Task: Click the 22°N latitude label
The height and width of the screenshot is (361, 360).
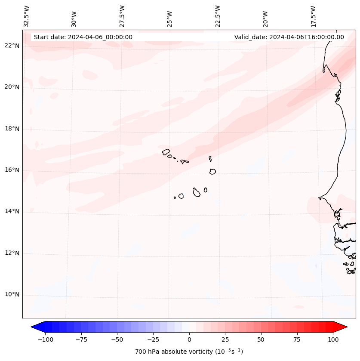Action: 12,46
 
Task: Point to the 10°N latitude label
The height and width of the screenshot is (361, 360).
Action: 12,295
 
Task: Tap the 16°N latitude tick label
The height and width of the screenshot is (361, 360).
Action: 12,170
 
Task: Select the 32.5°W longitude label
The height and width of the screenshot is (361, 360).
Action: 27,16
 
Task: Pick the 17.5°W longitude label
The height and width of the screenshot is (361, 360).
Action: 313,16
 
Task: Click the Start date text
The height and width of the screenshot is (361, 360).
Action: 83,37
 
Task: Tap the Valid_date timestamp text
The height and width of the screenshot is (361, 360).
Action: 289,37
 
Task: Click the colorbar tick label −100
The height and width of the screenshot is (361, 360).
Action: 45,339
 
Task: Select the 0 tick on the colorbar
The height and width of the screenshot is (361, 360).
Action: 189,339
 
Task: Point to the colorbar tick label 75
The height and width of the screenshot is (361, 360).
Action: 297,339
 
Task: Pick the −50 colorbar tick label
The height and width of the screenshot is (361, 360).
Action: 117,339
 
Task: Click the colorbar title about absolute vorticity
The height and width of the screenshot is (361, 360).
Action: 189,352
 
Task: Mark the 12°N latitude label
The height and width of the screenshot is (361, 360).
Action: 12,253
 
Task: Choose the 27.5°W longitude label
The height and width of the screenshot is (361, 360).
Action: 122,16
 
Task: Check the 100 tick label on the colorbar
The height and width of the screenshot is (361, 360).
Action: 333,339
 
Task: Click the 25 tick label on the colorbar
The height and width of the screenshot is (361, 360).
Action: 225,339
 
